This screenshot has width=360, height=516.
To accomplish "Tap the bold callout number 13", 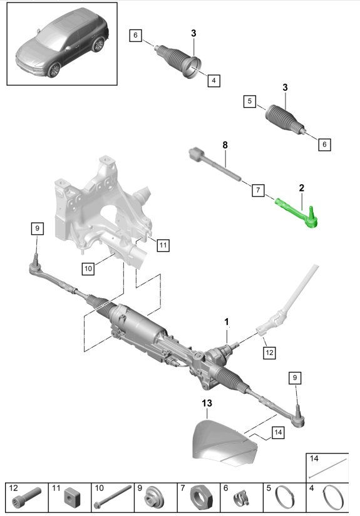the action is pos(207,403).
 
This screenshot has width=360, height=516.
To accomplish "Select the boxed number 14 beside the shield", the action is pos(278,432).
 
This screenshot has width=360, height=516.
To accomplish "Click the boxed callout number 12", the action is pos(269,353).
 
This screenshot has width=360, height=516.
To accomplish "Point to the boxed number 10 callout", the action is pos(88,269).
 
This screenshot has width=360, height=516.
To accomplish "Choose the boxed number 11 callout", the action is pos(163,245).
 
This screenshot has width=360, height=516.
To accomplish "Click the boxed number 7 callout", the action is pos(258,190).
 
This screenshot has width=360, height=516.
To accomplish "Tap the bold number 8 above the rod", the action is pos(225,145).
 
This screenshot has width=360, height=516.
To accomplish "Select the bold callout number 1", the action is pos(227,321).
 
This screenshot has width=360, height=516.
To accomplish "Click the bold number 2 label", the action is pos(301,188).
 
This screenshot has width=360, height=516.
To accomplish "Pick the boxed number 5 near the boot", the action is pos(250,101).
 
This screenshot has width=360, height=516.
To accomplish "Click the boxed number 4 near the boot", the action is pos(214,80).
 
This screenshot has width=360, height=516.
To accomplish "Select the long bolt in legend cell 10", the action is pos(113,497).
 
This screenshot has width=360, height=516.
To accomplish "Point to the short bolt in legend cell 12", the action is pos(31,497).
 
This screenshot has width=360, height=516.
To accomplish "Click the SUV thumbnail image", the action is pos(62,44).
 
